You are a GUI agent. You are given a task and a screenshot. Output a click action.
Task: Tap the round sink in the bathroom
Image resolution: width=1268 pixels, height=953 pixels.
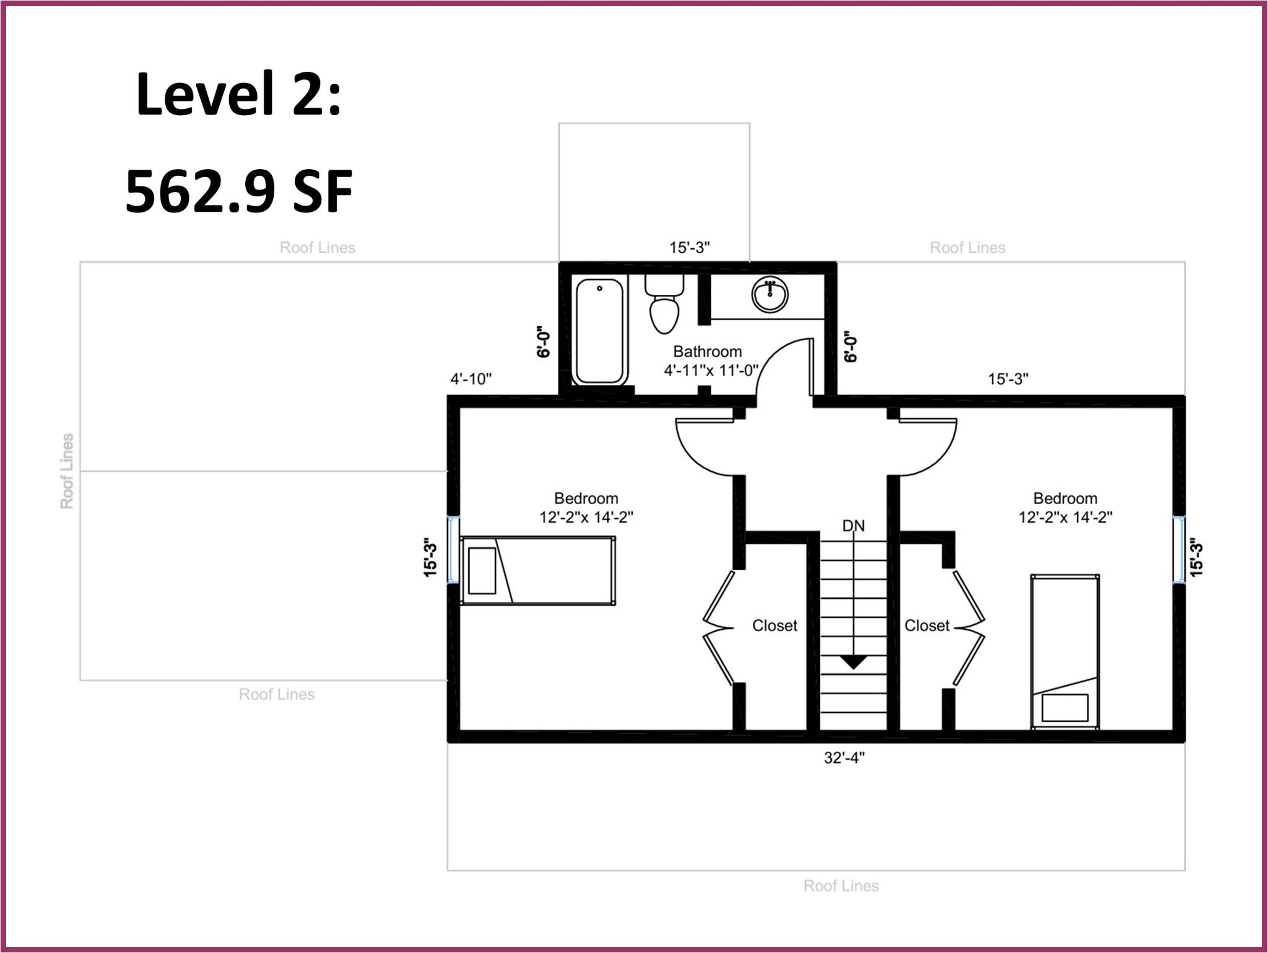(x=770, y=294)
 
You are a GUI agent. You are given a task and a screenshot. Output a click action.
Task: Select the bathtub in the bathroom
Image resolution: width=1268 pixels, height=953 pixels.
(x=599, y=331)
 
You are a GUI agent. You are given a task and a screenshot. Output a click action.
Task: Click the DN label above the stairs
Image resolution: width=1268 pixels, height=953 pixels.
(x=853, y=526)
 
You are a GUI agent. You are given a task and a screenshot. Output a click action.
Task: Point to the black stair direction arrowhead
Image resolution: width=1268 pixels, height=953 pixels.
(x=854, y=662)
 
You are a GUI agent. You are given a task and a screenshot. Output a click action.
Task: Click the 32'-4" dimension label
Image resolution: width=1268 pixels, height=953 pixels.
(x=844, y=758)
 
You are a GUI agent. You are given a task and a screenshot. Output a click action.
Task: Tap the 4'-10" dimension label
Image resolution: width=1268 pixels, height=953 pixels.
(x=471, y=378)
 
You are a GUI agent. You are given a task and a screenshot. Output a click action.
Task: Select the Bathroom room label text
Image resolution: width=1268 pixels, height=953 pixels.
(x=707, y=352)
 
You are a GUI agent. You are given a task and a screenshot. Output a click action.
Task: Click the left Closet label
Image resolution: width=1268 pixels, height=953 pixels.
(x=775, y=625)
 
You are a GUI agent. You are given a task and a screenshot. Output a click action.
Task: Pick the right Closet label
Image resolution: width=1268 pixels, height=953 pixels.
(x=927, y=625)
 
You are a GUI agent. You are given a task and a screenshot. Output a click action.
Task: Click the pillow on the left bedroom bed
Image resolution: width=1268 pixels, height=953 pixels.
(x=482, y=571)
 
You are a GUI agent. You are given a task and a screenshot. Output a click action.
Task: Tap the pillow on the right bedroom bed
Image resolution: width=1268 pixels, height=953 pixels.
(x=1065, y=708)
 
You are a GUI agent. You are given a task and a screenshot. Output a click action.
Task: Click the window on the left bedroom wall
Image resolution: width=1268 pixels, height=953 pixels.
(x=453, y=550)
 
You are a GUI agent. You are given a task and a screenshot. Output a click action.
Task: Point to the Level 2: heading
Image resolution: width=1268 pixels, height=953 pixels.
(x=239, y=94)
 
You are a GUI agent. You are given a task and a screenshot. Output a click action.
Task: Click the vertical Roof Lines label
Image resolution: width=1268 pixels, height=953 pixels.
(x=67, y=471)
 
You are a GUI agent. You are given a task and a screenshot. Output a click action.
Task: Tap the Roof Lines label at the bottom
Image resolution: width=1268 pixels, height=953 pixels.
(x=841, y=886)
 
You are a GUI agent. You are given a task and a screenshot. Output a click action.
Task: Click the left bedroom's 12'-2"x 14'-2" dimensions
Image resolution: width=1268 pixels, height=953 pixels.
(x=586, y=517)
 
